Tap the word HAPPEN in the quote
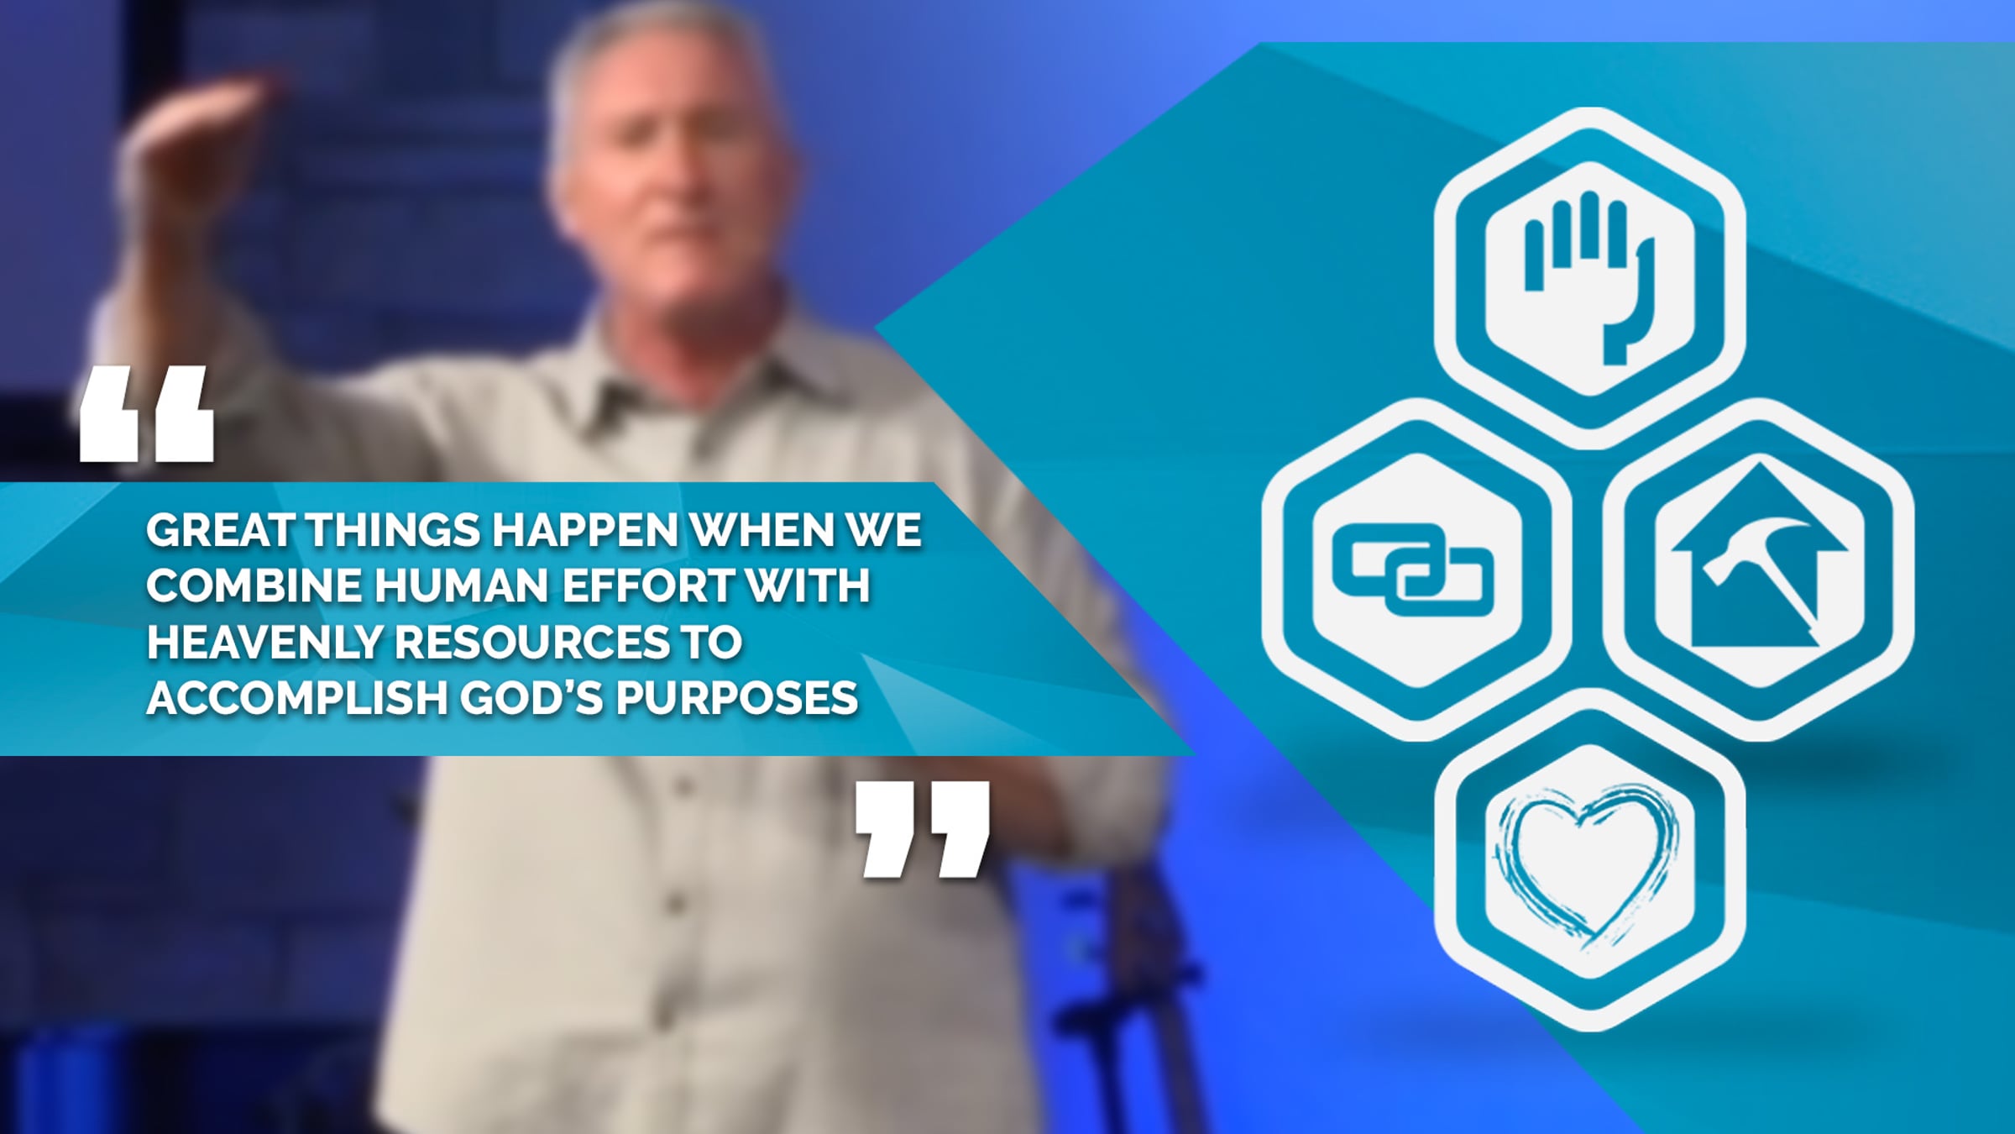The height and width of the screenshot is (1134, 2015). point(584,531)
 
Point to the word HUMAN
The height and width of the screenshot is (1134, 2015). point(463,585)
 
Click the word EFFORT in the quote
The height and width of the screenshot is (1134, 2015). point(649,585)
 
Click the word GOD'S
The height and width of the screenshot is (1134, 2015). point(532,698)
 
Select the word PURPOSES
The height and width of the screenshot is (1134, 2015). point(737,698)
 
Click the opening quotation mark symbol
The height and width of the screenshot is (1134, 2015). point(147,413)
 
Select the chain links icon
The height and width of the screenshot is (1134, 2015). point(1413,570)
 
